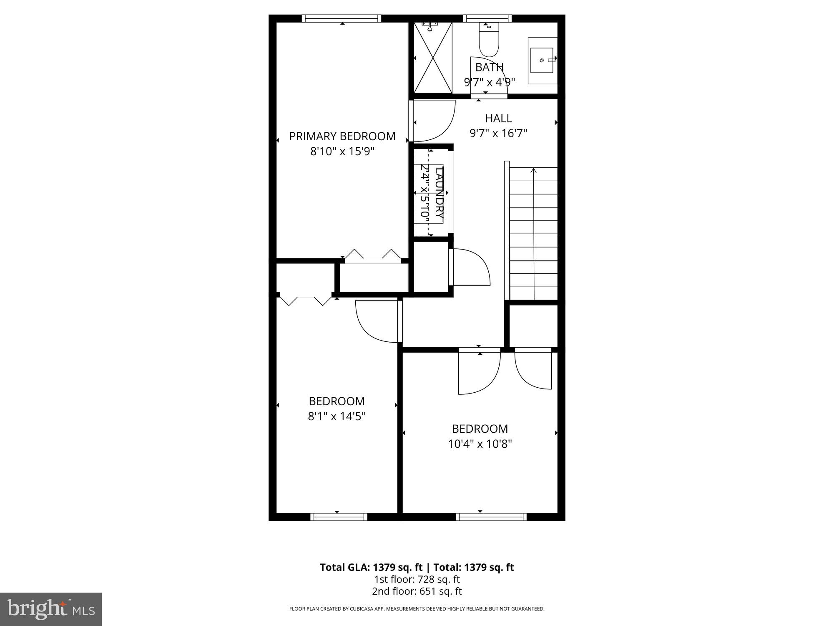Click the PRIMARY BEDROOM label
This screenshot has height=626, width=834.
342,136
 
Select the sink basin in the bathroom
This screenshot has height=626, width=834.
542,61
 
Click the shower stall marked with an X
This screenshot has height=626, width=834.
433,58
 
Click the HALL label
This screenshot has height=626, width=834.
498,119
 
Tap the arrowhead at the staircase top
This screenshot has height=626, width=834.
533,170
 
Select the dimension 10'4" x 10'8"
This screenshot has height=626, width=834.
480,444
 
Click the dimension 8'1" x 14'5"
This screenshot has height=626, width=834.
337,416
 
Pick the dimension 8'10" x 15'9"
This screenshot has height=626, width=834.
342,151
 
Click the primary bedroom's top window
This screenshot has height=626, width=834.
341,18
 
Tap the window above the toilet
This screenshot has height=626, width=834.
487,18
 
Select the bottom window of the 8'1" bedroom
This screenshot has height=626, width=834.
339,517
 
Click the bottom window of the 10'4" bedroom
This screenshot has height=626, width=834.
491,517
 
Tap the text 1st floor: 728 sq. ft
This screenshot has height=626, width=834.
417,579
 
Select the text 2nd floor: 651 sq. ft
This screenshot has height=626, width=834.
417,591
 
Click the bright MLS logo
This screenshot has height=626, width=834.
51,609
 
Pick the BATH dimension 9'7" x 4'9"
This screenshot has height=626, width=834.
489,82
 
